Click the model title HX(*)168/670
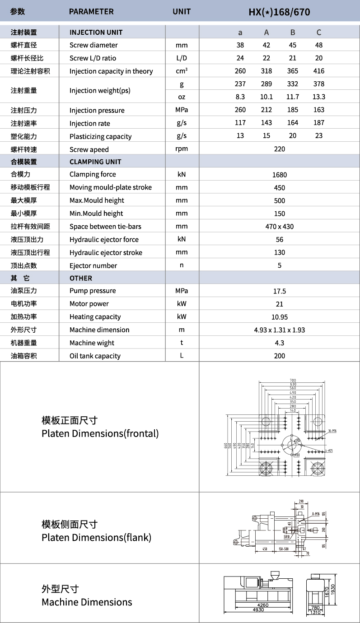(x=279, y=12)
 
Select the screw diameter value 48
(x=318, y=45)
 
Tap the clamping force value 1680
(x=279, y=175)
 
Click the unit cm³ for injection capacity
(x=182, y=71)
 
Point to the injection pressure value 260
(x=240, y=110)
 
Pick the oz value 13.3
(x=318, y=97)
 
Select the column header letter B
(x=293, y=32)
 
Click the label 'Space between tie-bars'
(x=104, y=227)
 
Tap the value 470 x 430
(x=279, y=227)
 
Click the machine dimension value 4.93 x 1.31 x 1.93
(x=279, y=330)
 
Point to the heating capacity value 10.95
(x=279, y=317)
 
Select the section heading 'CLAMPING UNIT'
(x=95, y=162)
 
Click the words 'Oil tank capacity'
(x=95, y=356)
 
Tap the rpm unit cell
(x=182, y=149)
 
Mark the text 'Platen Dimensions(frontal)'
(x=100, y=434)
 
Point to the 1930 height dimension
(x=333, y=589)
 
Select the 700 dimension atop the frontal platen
(x=292, y=380)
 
